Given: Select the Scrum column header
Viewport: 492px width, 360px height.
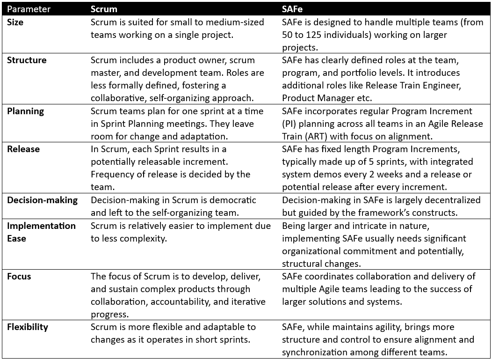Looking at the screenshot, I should (104, 9).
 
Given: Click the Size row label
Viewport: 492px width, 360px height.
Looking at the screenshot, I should (15, 22).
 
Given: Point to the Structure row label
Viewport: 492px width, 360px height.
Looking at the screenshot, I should (27, 60).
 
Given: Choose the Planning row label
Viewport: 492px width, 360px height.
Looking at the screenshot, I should (25, 111).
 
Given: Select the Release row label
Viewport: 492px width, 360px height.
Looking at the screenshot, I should (23, 149).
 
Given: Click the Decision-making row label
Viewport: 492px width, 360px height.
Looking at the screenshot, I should (42, 200).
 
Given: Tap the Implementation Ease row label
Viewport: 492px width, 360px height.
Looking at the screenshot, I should (41, 231).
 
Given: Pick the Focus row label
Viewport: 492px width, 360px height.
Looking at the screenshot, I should (18, 276).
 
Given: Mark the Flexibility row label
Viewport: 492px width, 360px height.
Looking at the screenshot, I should (28, 327).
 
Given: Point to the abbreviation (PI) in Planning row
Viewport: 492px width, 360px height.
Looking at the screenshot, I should (290, 124).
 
